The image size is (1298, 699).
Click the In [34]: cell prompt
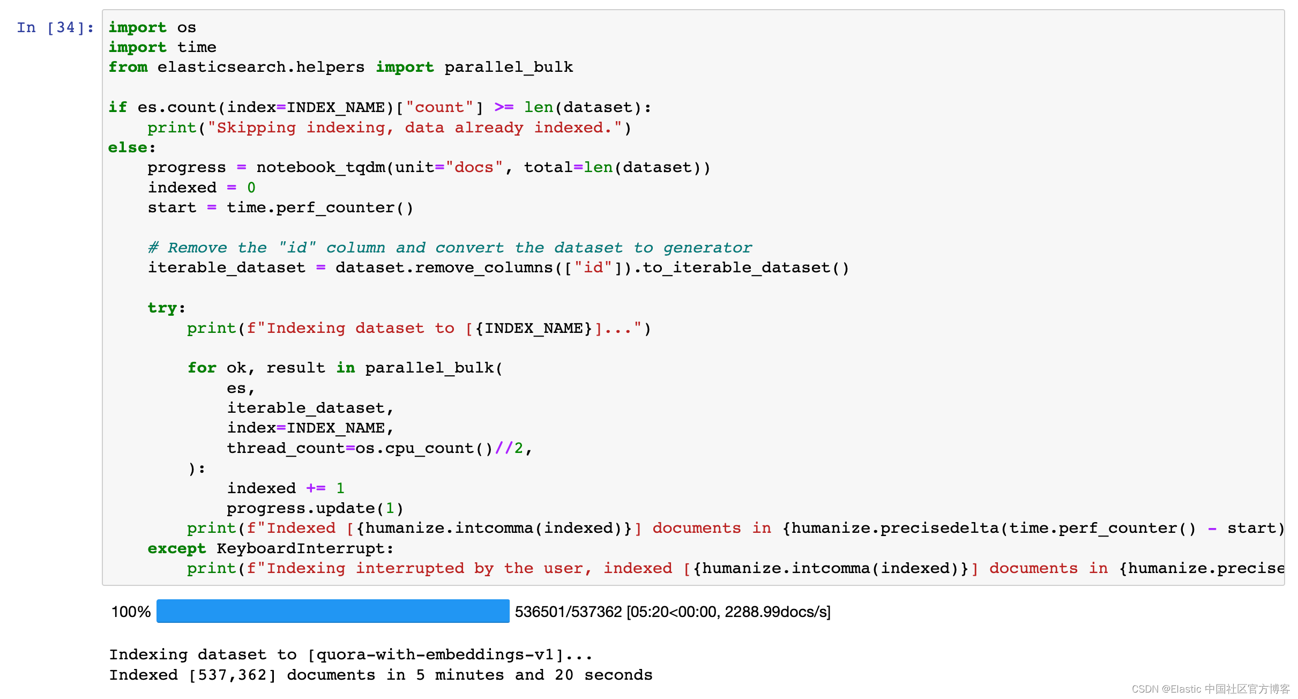click(55, 27)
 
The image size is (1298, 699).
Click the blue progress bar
click(332, 611)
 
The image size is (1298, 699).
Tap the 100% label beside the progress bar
click(131, 612)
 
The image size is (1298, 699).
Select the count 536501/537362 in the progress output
click(568, 612)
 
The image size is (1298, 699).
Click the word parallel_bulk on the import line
click(509, 67)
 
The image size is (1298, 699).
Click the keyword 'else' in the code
click(128, 147)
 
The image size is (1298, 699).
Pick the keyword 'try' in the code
click(162, 308)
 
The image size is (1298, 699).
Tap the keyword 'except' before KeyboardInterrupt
click(176, 548)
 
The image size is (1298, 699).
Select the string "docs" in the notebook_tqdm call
click(474, 167)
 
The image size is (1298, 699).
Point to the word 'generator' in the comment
click(707, 248)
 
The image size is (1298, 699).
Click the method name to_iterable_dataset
click(737, 267)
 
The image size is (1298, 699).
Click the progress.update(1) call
click(315, 508)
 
